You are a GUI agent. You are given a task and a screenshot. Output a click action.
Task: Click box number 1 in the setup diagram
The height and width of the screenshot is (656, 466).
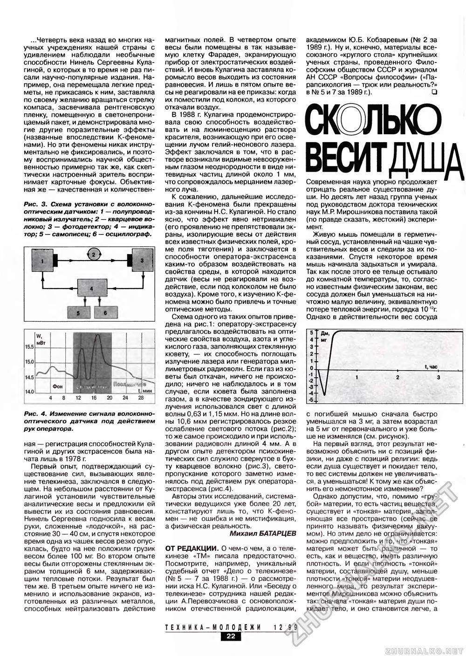coord(42,262)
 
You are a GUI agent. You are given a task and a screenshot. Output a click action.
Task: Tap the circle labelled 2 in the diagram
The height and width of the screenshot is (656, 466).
coord(93,254)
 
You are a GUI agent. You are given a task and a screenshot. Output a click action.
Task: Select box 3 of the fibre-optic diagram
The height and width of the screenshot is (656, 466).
coord(141,262)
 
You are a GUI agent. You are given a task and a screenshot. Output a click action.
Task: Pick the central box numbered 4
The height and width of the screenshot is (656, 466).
coord(92,289)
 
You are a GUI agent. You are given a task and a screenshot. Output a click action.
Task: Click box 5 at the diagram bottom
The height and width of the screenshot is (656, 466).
coord(79,313)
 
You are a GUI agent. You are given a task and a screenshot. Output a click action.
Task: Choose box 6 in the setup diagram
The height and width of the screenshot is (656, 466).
coord(106,313)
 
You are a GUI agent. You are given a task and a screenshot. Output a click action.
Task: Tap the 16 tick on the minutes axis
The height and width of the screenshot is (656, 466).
coord(94,398)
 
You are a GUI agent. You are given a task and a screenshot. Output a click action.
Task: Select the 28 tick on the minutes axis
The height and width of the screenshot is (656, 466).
coord(141,398)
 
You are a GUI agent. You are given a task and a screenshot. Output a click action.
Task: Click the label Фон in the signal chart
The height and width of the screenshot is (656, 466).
coord(58,386)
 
